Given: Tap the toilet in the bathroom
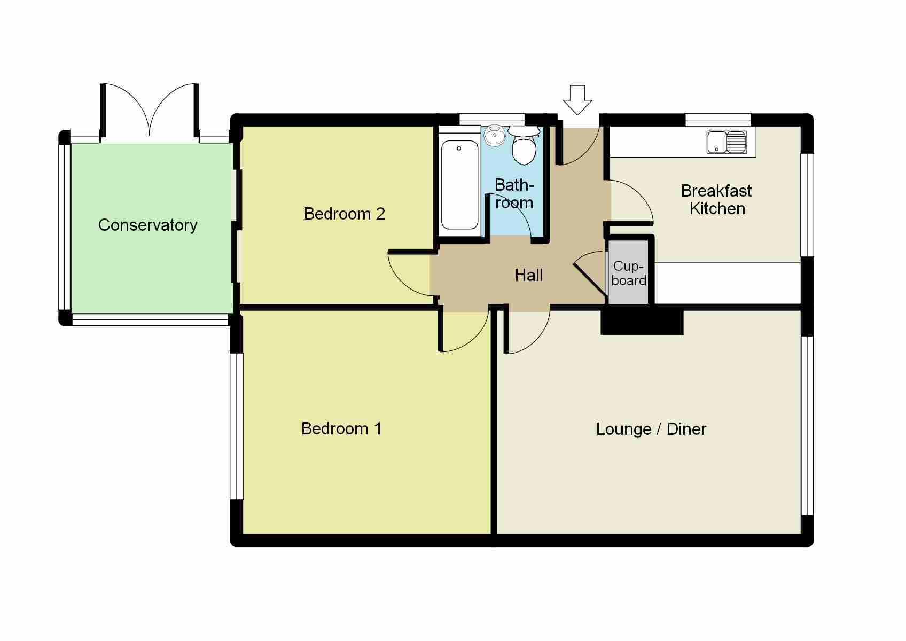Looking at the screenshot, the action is (524, 145).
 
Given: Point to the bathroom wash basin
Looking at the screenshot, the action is (494, 136).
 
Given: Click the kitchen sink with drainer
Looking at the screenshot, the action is (727, 142).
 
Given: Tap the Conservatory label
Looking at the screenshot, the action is (147, 225).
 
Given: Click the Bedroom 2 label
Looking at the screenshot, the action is (344, 214).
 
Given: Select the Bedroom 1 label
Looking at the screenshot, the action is (341, 428).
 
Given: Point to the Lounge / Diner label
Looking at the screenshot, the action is (651, 429).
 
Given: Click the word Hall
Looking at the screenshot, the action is (529, 276).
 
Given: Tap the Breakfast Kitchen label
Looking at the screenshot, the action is (716, 199).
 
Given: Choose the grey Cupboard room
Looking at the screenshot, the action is (629, 272).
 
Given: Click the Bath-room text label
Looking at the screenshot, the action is (514, 194).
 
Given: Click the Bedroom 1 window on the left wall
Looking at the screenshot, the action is (237, 426).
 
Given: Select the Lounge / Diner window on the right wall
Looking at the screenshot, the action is (807, 426).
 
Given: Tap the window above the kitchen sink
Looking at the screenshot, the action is (718, 120).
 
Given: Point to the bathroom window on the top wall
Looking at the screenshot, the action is (492, 120).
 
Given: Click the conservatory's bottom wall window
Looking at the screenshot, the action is (150, 319).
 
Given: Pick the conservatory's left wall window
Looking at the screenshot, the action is (65, 227).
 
